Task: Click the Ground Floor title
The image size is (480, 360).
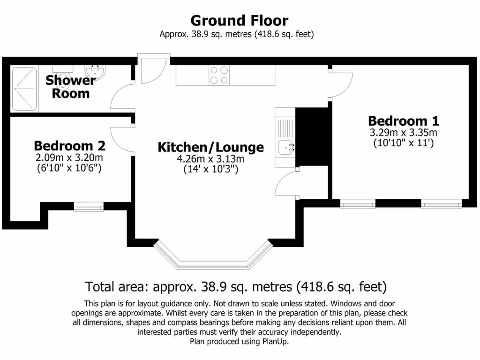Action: click(x=239, y=21)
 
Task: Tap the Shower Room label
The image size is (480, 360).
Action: click(x=70, y=87)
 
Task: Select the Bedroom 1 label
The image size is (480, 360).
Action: click(x=404, y=121)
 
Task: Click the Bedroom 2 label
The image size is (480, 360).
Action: click(x=69, y=145)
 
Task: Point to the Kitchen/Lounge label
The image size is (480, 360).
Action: click(x=210, y=147)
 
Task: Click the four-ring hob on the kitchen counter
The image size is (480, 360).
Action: click(x=219, y=75)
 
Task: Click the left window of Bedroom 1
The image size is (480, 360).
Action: click(x=358, y=203)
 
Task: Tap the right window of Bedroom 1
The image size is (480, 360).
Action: click(x=441, y=203)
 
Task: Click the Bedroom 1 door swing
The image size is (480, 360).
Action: click(x=340, y=84)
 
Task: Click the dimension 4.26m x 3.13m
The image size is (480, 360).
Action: click(x=210, y=159)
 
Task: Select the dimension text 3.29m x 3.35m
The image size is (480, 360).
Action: click(x=404, y=133)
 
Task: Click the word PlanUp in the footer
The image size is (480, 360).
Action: click(x=275, y=342)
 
